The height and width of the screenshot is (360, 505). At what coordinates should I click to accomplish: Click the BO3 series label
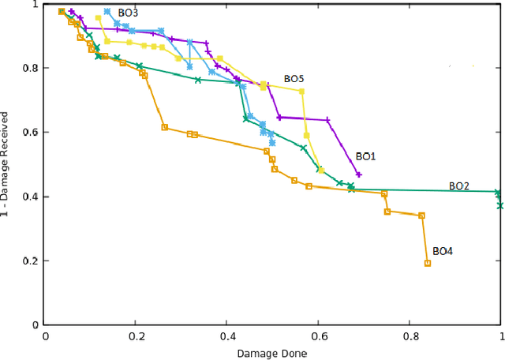[x=128, y=13]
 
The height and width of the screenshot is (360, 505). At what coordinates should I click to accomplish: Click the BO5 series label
[x=294, y=80]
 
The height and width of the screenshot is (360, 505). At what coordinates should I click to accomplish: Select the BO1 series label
[x=365, y=157]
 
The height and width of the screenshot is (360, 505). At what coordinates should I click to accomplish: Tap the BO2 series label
[x=459, y=186]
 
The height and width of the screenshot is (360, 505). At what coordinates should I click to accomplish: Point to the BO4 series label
[x=443, y=251]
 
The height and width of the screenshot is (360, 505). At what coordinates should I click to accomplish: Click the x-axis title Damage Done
[x=272, y=353]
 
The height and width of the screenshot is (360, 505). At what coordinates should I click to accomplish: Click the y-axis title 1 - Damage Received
[x=7, y=163]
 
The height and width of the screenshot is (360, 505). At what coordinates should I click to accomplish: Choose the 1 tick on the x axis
[x=500, y=336]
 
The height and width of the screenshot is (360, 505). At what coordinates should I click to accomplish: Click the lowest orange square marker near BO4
[x=428, y=263]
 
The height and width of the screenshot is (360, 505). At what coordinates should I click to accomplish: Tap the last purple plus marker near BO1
[x=359, y=174]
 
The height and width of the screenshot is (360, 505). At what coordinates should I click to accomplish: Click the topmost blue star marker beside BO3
[x=107, y=12]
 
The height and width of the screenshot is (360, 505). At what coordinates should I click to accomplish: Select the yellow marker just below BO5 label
[x=301, y=91]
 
